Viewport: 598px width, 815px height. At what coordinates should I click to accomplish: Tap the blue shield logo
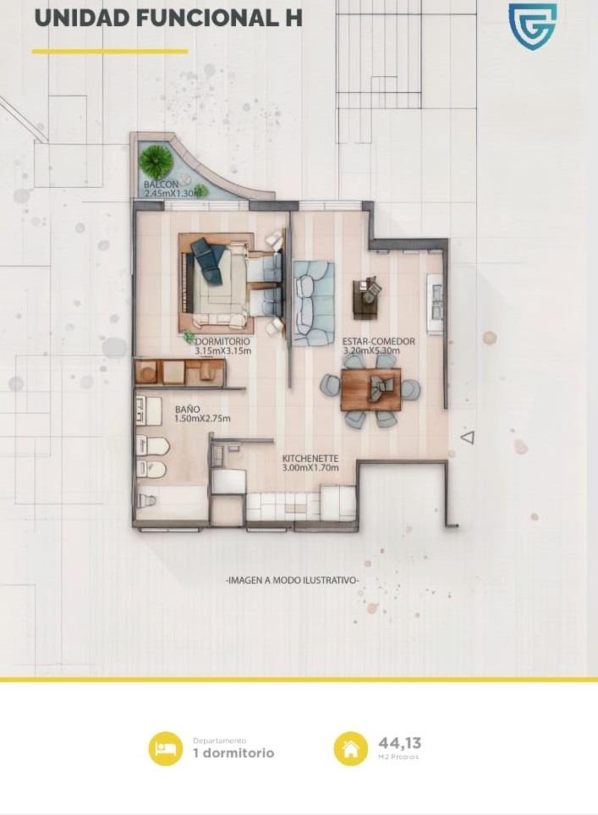(x=532, y=27)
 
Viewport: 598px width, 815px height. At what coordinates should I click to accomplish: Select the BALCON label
(x=161, y=184)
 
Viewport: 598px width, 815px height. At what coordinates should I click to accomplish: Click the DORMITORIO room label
(x=222, y=342)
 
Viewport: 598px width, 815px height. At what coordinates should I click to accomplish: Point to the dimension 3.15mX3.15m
(x=223, y=351)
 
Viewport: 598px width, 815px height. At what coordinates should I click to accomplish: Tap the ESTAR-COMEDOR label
(x=378, y=342)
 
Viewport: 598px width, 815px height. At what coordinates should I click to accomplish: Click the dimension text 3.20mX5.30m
(x=371, y=351)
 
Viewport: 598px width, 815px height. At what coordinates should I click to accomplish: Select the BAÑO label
(x=188, y=410)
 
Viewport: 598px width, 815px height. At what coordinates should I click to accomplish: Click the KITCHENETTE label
(x=310, y=459)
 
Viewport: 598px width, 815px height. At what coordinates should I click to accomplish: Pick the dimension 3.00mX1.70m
(x=310, y=468)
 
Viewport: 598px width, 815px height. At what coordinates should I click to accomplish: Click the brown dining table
(x=371, y=389)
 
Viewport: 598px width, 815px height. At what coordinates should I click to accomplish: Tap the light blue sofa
(x=313, y=304)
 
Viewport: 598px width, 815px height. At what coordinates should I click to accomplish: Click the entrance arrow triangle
(x=468, y=438)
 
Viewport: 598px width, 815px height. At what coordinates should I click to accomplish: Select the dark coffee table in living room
(x=367, y=299)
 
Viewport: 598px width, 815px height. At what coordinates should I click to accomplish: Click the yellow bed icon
(x=166, y=748)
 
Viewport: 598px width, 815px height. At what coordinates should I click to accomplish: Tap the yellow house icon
(x=351, y=748)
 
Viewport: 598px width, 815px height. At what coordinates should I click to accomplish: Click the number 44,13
(x=399, y=742)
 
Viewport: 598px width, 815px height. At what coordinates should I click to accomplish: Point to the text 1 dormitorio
(x=233, y=753)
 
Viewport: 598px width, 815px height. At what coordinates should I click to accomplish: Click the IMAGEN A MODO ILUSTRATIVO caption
(x=293, y=580)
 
